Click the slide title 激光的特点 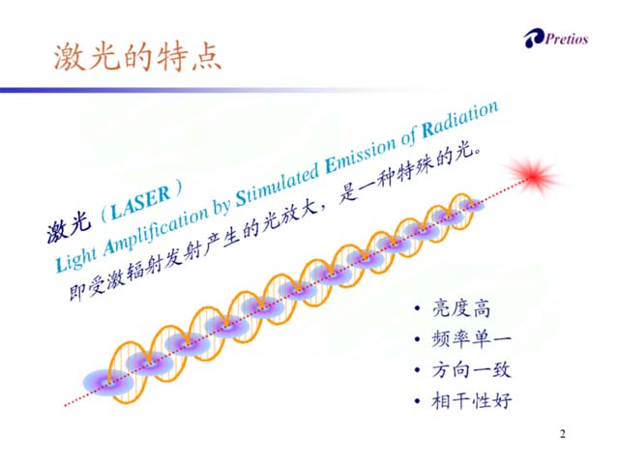click(x=137, y=57)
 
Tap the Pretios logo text click(x=567, y=39)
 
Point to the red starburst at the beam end click(x=534, y=176)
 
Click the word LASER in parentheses click(x=140, y=202)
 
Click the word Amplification click(x=156, y=231)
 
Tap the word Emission click(x=360, y=155)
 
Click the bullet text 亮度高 click(x=461, y=307)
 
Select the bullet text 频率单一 click(x=471, y=339)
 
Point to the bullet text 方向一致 click(x=471, y=370)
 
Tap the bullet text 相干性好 click(x=471, y=401)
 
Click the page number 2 click(x=563, y=434)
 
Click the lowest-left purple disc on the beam click(x=108, y=383)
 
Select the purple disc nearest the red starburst click(x=471, y=205)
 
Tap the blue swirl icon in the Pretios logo click(x=534, y=39)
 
